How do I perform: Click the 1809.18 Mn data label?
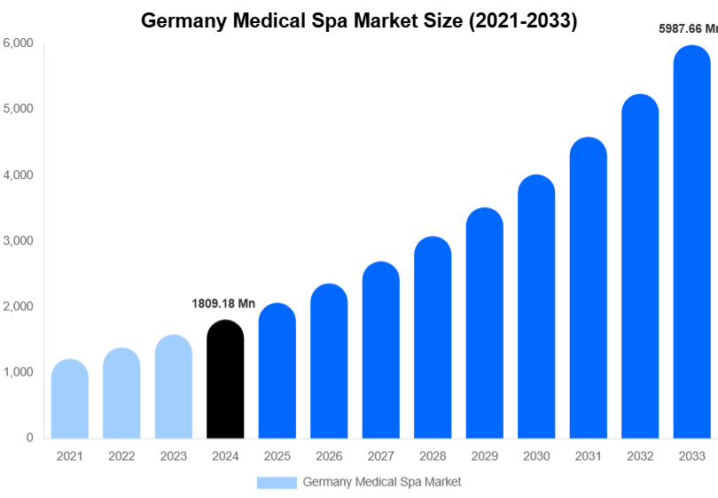tap(223, 304)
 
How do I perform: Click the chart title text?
tap(359, 21)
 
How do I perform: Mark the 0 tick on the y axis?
tap(29, 438)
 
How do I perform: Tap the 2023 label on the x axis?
tap(173, 456)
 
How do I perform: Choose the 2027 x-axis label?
tap(380, 456)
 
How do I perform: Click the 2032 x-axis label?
tap(639, 456)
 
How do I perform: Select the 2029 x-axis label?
tap(484, 456)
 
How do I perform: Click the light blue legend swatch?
tap(277, 482)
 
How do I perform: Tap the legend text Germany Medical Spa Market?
tap(382, 482)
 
